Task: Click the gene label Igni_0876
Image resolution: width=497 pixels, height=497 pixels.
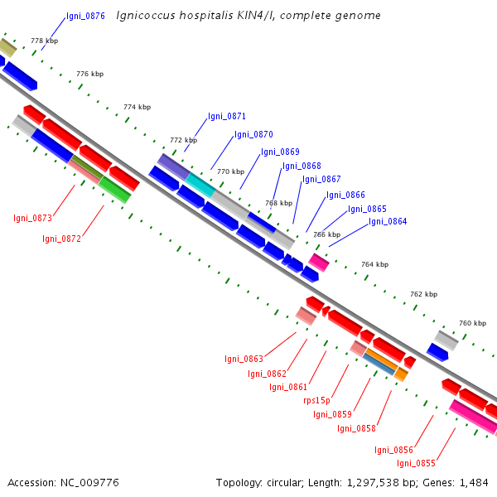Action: coord(85,16)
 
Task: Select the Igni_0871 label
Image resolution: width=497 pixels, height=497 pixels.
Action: coord(227,116)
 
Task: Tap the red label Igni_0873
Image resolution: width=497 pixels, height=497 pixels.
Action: coord(32,218)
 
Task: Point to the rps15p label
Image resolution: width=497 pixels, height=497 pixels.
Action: coord(316,401)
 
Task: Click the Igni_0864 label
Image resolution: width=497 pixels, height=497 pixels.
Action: coord(388,221)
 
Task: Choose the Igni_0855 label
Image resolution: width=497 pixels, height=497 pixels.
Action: coord(416,463)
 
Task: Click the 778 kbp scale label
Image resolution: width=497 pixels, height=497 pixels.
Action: coord(45,41)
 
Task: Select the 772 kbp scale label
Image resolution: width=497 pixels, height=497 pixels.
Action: coord(184,140)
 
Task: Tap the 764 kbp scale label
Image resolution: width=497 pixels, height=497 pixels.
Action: coord(375,264)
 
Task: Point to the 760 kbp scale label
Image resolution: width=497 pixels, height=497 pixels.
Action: coord(473,323)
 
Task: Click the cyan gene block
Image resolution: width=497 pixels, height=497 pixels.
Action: coord(200,186)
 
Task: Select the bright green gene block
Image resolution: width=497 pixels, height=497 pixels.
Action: coord(114,190)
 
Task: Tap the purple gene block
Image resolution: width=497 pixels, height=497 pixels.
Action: coord(174,167)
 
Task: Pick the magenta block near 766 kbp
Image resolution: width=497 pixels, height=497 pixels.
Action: coord(319,263)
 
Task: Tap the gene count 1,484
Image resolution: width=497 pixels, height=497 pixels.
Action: coord(474,483)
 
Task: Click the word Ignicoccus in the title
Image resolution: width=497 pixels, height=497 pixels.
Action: coord(146,16)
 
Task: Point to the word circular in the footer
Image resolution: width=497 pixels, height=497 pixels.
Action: coord(285,483)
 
